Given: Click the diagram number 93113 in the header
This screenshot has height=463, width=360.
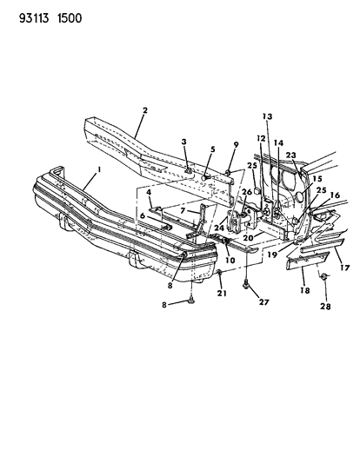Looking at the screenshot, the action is pos(34,18).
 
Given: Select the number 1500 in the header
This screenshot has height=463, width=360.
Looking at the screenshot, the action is pos(70,18).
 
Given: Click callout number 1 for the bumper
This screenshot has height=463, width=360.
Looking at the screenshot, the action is pos(99,169).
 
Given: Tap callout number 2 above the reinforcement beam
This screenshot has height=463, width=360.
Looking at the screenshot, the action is pos(145,110).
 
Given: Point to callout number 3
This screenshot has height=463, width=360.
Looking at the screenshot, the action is pos(184,142).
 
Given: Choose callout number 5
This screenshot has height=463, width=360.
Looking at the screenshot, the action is pos(213,149).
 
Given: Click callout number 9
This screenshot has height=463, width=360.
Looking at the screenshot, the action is pos(236,145).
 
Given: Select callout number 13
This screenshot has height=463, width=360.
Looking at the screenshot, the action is pos(268,116).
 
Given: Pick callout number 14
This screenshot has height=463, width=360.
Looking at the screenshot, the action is pos(278,143).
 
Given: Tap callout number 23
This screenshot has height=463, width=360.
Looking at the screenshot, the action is pos(290,155).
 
